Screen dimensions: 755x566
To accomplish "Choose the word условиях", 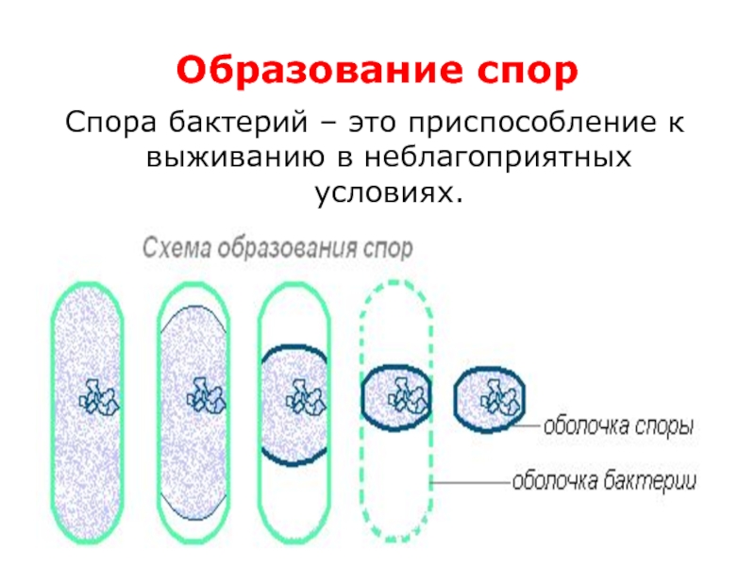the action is [x=389, y=192].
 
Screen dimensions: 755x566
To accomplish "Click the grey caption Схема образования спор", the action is [x=277, y=249].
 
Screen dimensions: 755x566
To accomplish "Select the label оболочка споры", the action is [x=618, y=425].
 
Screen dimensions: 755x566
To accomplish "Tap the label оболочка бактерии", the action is [x=603, y=482].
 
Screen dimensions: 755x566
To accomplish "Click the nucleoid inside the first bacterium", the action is [x=93, y=397].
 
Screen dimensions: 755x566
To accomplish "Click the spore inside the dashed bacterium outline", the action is [x=396, y=395].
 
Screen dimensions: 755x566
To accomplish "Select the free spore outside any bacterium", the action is [x=490, y=397].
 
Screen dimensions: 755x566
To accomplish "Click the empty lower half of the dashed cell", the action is [x=397, y=491].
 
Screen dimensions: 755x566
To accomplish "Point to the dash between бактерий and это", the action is [x=322, y=124].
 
